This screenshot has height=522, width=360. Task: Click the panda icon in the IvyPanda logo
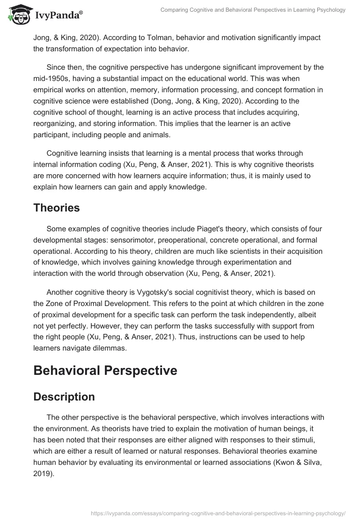17,15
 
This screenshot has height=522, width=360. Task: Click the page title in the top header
253,10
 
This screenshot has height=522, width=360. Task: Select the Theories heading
57,208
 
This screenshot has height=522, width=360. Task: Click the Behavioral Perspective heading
105,370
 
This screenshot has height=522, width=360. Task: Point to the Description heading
64,397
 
